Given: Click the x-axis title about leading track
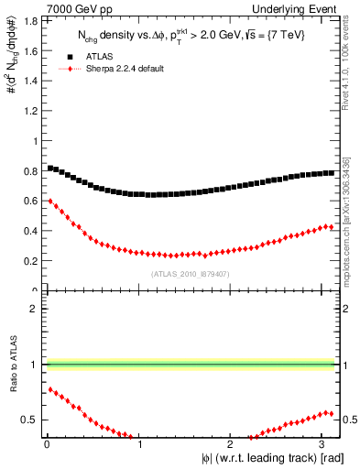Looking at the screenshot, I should (x=271, y=458).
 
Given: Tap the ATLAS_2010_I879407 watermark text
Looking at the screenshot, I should (x=189, y=273).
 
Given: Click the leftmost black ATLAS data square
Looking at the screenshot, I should (x=49, y=168).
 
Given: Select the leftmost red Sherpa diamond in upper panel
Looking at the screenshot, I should (x=49, y=201).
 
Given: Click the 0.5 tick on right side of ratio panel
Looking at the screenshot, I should (x=349, y=420).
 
